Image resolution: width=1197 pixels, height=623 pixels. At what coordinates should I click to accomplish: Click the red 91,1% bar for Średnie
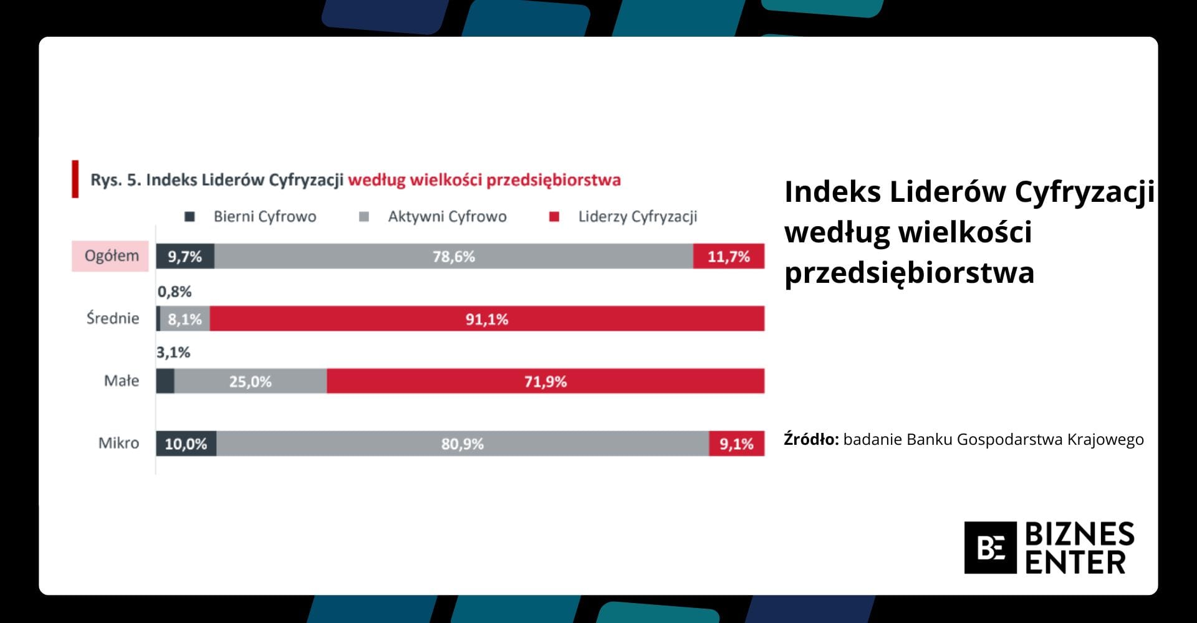pos(487,318)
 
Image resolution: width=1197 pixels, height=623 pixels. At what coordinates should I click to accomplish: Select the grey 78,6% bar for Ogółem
pos(454,256)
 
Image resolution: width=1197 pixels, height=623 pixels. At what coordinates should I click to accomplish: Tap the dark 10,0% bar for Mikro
pos(186,444)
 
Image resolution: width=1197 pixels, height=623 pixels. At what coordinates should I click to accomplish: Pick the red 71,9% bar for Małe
pos(546,381)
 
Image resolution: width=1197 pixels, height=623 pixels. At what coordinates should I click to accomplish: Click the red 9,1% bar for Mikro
pos(737,444)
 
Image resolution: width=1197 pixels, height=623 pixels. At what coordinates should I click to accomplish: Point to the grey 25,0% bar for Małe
pos(251,381)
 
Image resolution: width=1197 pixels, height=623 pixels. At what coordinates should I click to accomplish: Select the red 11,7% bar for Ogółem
pos(729,256)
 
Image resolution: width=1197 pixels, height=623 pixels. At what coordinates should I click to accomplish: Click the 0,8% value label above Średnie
pos(175,292)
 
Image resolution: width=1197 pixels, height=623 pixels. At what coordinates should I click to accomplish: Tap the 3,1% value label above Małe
pos(173,353)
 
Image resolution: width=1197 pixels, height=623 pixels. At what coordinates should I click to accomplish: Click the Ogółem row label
pos(112,256)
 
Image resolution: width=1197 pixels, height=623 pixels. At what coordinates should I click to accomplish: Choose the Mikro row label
pos(118,443)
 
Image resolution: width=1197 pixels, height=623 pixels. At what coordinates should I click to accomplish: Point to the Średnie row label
pos(113,318)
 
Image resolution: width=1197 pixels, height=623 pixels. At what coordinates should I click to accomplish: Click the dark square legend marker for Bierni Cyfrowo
pos(190,217)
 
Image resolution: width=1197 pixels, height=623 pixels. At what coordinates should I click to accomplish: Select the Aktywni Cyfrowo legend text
pos(447,217)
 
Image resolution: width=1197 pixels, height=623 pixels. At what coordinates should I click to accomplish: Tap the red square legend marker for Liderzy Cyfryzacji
pos(554,217)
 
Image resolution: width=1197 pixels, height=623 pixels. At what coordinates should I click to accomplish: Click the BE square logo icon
pos(990,548)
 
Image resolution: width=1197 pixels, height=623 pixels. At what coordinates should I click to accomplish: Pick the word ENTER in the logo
pos(1075,563)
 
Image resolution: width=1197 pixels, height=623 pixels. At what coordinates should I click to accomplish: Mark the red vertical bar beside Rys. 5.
pos(75,179)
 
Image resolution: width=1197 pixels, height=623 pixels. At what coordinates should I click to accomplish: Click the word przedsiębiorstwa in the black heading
pos(909,273)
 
